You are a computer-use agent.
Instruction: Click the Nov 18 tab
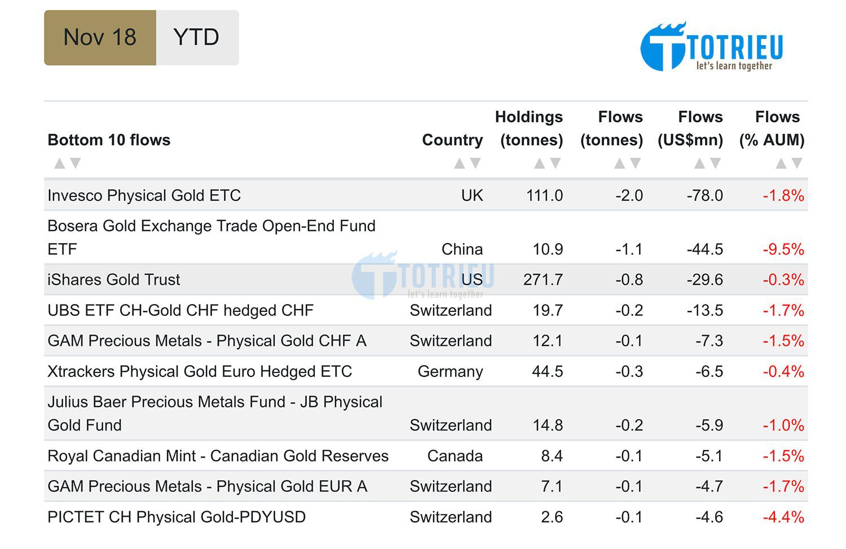click(100, 38)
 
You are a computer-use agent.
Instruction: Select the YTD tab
click(197, 38)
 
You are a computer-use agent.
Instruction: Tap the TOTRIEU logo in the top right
click(712, 47)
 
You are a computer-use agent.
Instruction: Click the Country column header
click(452, 140)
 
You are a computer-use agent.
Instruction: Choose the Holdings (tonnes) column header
click(529, 128)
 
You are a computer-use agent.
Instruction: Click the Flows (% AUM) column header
click(772, 128)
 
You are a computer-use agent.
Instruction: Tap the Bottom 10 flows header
click(109, 140)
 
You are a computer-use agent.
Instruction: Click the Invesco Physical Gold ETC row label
click(144, 195)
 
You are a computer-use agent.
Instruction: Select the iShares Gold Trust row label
click(114, 280)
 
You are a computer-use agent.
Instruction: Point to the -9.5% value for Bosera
click(783, 249)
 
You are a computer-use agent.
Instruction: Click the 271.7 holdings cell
click(543, 280)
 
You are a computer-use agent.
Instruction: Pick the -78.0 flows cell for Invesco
click(705, 195)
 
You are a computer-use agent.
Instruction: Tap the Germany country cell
click(450, 371)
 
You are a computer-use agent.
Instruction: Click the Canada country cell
click(455, 456)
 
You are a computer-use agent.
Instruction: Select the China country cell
click(462, 249)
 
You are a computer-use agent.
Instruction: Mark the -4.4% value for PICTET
click(783, 517)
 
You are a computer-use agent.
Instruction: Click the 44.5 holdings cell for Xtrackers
click(547, 371)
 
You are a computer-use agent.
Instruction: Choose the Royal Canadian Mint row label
click(218, 456)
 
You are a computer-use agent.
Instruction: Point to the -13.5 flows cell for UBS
click(705, 310)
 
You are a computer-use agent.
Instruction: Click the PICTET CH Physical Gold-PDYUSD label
click(177, 517)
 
